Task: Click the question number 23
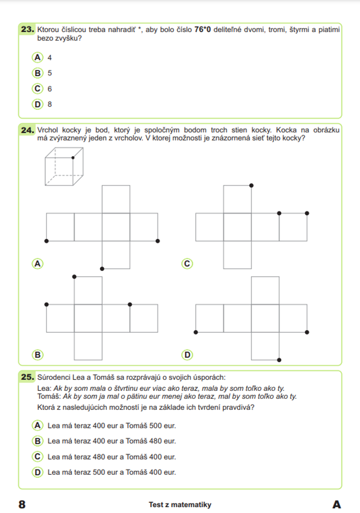[27, 29]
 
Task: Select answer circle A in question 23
[37, 57]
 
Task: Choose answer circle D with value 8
[37, 104]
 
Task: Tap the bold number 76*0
[202, 30]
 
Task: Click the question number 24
[27, 130]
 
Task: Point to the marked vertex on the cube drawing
[73, 158]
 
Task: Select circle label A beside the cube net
[37, 264]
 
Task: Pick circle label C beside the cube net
[187, 264]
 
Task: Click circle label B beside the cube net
[37, 355]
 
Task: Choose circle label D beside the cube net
[187, 355]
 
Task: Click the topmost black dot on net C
[251, 185]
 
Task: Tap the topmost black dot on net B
[74, 276]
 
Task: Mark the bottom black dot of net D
[279, 360]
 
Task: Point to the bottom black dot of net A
[102, 269]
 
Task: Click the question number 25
[27, 377]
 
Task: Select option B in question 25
[37, 441]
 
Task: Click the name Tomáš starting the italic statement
[49, 396]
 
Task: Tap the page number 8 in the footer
[22, 504]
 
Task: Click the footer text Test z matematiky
[180, 505]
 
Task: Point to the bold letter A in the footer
[337, 504]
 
